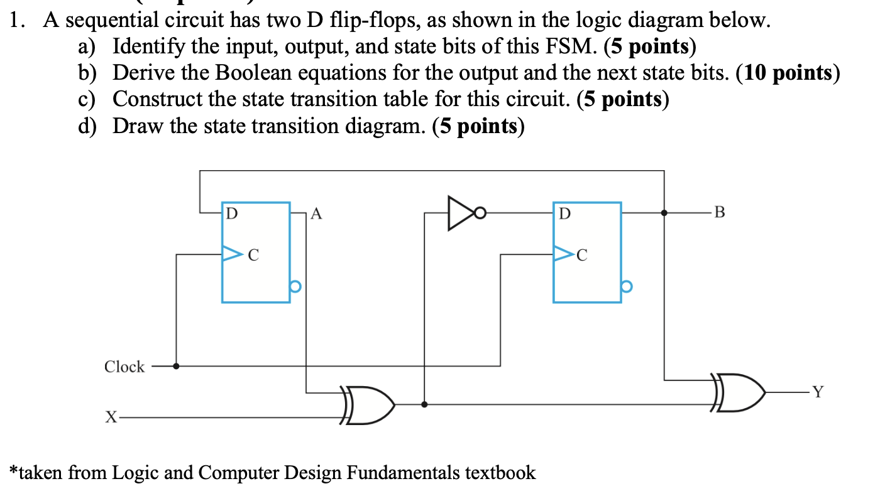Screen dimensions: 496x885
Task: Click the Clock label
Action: coord(124,367)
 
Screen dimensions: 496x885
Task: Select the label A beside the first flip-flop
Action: coord(317,215)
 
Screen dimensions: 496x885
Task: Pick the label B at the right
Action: coord(720,212)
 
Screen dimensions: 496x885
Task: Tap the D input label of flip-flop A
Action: coord(232,213)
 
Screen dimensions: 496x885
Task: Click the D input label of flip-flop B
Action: coord(564,213)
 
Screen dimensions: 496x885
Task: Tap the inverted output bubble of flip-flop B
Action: coord(626,287)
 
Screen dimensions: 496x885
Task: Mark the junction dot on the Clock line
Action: coord(176,366)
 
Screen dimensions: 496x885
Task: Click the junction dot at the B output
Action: coord(664,213)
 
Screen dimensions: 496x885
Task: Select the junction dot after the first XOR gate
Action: coord(425,405)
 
